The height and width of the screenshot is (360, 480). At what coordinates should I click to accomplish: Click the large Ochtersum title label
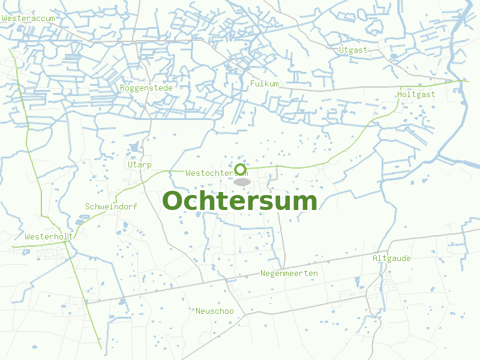coord(239,201)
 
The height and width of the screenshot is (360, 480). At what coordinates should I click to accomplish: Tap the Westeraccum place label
coord(29,19)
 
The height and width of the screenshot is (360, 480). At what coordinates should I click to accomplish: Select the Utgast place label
coord(353,50)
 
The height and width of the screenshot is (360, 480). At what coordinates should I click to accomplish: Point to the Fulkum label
coord(265,83)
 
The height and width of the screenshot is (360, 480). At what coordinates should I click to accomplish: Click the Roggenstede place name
coord(146,88)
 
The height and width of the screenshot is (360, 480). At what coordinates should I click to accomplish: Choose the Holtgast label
coord(416,94)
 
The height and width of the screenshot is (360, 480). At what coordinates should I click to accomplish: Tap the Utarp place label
coord(140,164)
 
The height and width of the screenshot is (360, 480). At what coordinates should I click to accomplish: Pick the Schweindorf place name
coord(112,206)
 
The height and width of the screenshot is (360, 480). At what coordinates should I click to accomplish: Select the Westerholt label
coord(49,236)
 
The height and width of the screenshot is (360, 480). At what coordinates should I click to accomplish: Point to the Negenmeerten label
coord(289,273)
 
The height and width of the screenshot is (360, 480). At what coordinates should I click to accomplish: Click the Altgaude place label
coord(392,258)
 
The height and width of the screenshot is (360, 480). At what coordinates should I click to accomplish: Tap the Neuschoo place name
coord(215,311)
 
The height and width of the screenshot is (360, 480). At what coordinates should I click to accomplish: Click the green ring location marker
coord(241,169)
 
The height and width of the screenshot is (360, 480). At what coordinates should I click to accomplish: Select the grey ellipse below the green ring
coord(242,181)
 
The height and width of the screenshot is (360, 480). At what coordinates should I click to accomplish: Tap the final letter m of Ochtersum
coord(304,203)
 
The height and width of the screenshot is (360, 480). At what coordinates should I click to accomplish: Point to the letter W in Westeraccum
coord(5,19)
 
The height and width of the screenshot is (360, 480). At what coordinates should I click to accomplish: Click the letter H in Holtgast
coord(400,94)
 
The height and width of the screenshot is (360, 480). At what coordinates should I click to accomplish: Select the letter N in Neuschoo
coord(198,311)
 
